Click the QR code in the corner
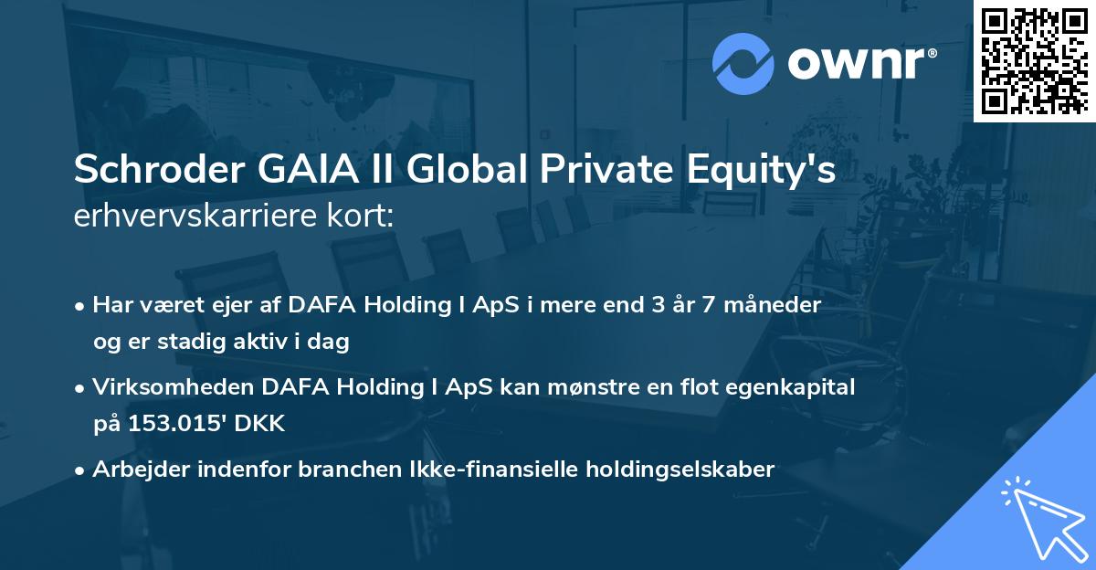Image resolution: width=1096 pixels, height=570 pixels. tap(1035, 60)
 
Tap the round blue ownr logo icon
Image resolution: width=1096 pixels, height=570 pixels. tap(742, 64)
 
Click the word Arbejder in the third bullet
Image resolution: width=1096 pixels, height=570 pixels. tap(133, 470)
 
